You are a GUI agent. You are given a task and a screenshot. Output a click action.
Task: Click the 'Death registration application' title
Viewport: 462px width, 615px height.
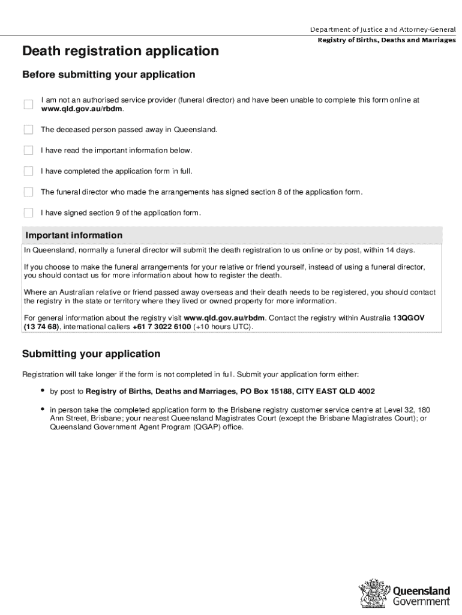click(x=120, y=52)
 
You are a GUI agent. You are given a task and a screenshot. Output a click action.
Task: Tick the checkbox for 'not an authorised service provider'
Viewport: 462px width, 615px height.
click(x=28, y=105)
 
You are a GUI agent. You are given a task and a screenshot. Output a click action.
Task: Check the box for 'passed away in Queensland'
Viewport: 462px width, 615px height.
click(x=28, y=130)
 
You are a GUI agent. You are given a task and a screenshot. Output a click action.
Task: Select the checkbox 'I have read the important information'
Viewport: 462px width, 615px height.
click(x=28, y=150)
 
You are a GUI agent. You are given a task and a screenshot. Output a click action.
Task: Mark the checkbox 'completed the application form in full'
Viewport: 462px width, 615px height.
click(x=28, y=171)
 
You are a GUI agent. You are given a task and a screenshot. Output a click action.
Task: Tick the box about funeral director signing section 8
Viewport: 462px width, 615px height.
click(x=28, y=192)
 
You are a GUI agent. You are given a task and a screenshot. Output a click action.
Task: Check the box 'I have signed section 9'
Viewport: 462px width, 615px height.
click(x=28, y=213)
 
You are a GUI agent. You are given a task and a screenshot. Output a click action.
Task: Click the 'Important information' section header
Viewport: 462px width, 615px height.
click(x=73, y=235)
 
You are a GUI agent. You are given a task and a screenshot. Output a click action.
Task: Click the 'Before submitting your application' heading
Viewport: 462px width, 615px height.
click(x=109, y=75)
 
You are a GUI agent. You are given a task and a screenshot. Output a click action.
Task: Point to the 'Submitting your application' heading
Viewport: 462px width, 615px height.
click(x=91, y=354)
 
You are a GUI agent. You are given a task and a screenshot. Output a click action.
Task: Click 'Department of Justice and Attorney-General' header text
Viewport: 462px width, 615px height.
click(x=382, y=29)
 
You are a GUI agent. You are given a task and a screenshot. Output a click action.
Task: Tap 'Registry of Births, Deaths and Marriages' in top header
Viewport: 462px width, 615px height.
click(x=386, y=40)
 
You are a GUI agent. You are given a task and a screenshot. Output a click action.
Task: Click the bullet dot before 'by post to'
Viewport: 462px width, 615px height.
click(x=43, y=391)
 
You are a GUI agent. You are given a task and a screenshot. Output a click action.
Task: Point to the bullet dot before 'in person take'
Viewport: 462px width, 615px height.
click(x=43, y=409)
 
